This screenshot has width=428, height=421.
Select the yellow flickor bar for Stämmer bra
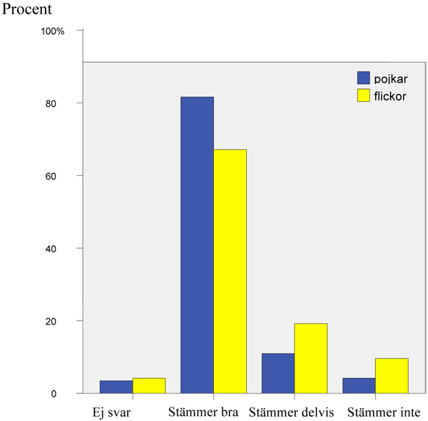230,271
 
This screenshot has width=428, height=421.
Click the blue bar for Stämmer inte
359,385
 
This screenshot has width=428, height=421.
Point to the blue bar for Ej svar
116,387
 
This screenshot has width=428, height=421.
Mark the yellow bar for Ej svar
148,385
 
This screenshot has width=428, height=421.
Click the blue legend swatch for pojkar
364,78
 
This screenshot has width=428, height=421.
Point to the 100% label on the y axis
53,31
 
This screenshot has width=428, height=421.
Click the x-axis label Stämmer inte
383,412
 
